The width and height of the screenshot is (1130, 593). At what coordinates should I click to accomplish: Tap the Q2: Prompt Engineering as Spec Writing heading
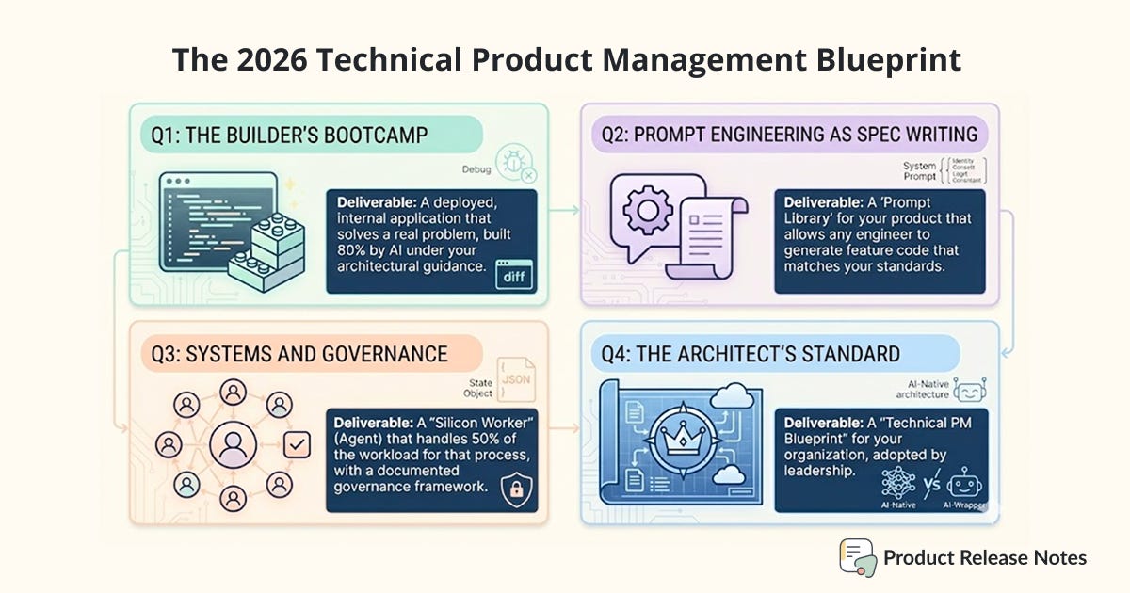click(790, 136)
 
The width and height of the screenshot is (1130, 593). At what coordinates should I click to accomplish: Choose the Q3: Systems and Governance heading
click(299, 355)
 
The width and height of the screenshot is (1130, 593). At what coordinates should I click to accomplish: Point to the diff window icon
click(515, 276)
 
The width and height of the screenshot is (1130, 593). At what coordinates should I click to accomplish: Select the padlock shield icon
click(514, 489)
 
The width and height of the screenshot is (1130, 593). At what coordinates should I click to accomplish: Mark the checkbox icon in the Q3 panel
click(298, 443)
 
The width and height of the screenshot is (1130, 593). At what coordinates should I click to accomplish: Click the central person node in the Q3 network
click(232, 443)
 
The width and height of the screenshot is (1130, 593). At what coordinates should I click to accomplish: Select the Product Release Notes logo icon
click(856, 557)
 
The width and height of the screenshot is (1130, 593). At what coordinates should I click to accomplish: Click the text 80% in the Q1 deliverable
click(359, 249)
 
